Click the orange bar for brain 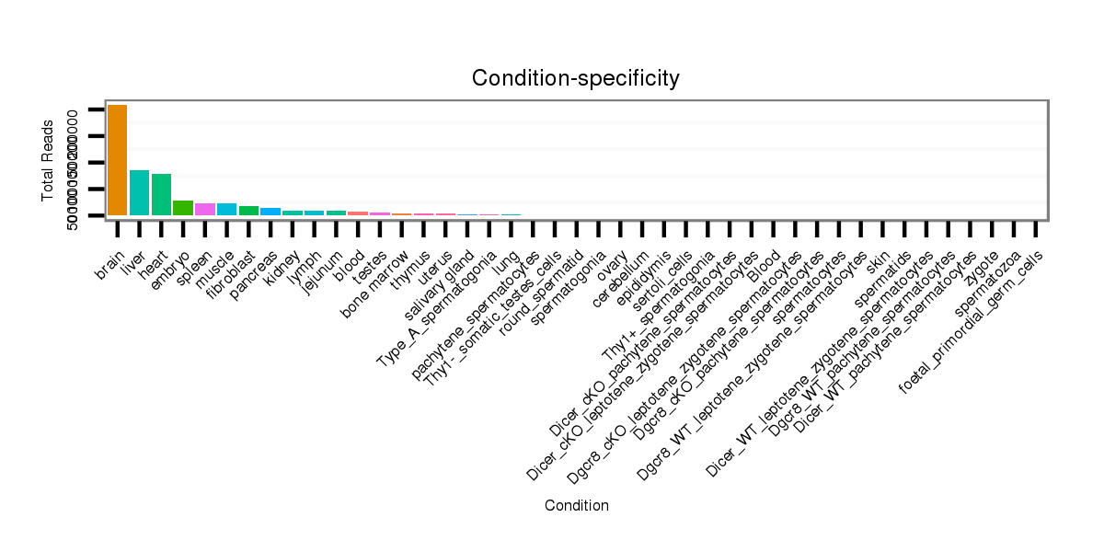click(117, 160)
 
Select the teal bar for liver click(139, 192)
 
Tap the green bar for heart click(161, 194)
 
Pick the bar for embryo click(183, 208)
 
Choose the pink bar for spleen click(205, 210)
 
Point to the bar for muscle click(226, 210)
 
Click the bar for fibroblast click(248, 211)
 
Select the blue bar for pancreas click(270, 212)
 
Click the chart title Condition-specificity click(576, 79)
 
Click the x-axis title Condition click(576, 505)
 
